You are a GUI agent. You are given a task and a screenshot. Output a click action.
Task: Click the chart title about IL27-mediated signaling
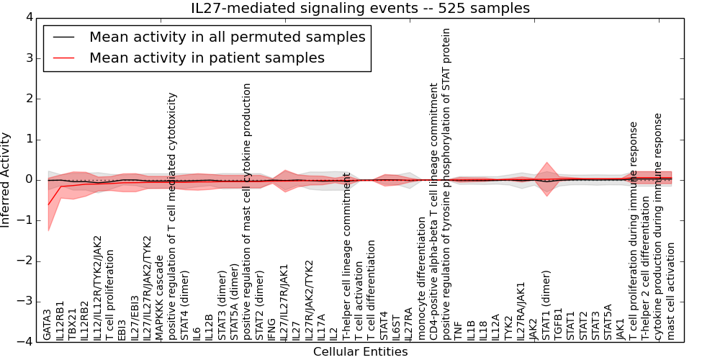(360, 9)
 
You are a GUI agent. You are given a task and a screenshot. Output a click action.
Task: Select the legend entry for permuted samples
(227, 37)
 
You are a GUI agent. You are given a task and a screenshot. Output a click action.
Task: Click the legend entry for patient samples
(207, 58)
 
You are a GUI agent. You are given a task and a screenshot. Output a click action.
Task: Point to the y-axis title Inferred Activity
(6, 180)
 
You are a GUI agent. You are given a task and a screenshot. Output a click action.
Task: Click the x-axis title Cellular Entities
(360, 351)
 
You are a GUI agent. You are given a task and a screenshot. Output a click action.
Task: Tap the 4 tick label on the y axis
(28, 18)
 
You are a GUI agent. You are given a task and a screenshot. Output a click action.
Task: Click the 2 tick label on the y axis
(28, 99)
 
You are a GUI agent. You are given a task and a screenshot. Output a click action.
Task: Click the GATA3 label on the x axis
(48, 325)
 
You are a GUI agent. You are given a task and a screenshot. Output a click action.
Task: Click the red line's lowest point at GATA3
(48, 204)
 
